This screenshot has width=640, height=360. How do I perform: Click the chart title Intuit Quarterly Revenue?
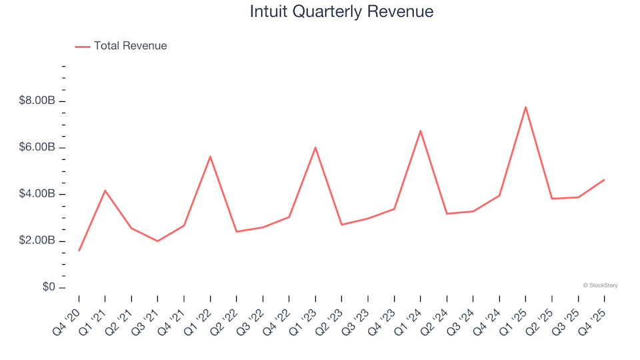click(x=341, y=11)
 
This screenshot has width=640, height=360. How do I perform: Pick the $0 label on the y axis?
click(x=47, y=287)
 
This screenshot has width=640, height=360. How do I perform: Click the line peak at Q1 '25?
click(x=525, y=107)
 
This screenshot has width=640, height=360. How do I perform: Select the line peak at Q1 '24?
click(x=420, y=131)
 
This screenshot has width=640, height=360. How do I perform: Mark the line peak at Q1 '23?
click(x=315, y=147)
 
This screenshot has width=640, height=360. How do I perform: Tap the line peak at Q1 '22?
click(x=210, y=157)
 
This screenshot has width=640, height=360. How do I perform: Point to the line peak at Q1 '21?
click(x=105, y=191)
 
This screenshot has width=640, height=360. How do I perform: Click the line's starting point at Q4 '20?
click(x=79, y=251)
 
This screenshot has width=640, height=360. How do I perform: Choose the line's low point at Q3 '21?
click(x=157, y=241)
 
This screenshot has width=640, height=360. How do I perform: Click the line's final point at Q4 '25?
click(x=604, y=179)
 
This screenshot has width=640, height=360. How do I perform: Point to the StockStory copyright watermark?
click(x=600, y=285)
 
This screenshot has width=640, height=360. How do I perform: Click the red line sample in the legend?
click(x=83, y=47)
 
